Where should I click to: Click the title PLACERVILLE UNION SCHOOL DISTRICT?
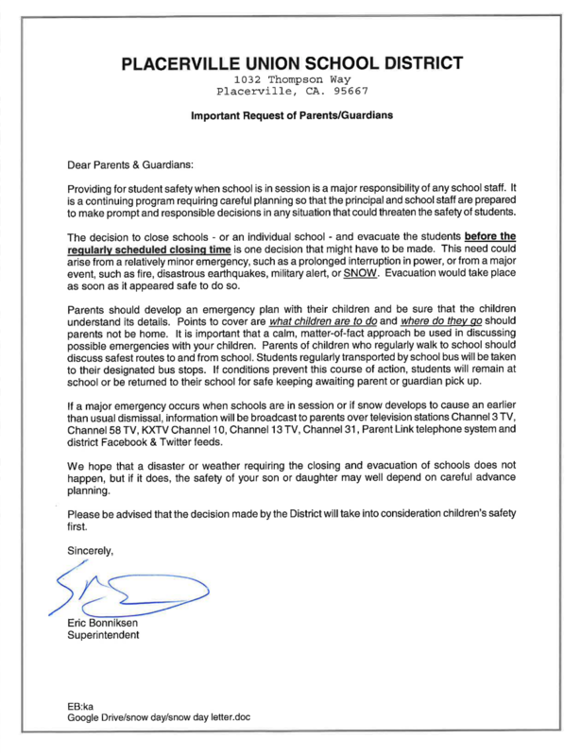tap(292, 64)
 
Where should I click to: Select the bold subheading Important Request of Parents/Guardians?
tap(292, 116)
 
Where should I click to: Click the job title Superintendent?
tap(105, 636)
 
